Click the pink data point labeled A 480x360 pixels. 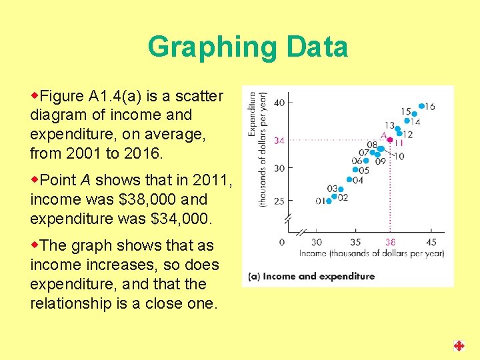[390, 140]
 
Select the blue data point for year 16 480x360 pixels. [421, 106]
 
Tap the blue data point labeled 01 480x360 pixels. [328, 201]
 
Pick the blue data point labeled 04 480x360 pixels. [349, 179]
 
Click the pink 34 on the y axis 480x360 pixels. [280, 141]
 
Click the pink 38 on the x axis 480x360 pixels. [390, 242]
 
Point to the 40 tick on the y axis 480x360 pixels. [279, 102]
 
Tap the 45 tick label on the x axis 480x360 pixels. [431, 242]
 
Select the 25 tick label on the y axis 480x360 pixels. [279, 201]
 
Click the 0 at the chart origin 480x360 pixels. [281, 242]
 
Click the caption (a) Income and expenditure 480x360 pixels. [311, 276]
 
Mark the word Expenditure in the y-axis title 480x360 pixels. [252, 114]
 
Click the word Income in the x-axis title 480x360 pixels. [314, 253]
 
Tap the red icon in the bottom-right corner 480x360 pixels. [459, 345]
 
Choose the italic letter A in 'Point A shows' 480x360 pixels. [85, 180]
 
